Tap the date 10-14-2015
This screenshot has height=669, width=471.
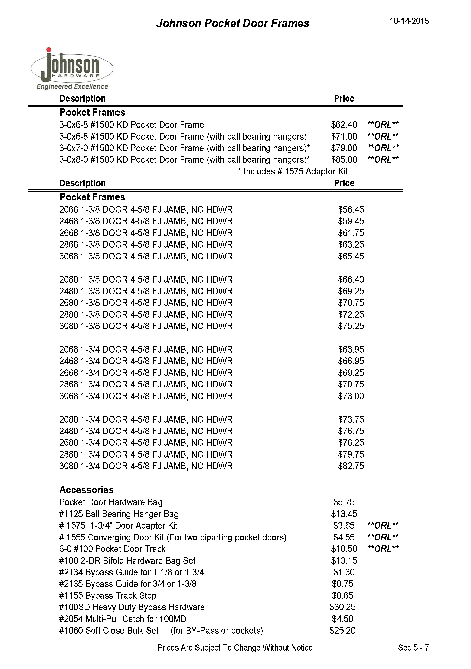409,21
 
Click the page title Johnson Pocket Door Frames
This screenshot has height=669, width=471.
232,23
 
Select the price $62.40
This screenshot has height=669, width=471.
344,125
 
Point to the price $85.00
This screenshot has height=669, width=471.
344,160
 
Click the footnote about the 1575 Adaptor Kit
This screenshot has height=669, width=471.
292,171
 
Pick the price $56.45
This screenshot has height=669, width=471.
351,209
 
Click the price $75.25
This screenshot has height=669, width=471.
351,326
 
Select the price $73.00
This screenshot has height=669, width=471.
351,396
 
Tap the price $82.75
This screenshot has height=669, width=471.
351,466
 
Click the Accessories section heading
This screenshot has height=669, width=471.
86,490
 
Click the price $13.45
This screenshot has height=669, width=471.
344,514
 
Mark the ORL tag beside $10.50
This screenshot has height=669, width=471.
383,549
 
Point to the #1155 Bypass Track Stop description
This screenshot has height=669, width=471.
108,596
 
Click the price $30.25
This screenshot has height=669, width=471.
342,607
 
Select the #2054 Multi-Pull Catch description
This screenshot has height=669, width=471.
122,619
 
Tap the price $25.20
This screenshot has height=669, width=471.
342,631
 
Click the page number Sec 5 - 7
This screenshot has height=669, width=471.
413,648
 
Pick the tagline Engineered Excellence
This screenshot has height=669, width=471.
72,86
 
